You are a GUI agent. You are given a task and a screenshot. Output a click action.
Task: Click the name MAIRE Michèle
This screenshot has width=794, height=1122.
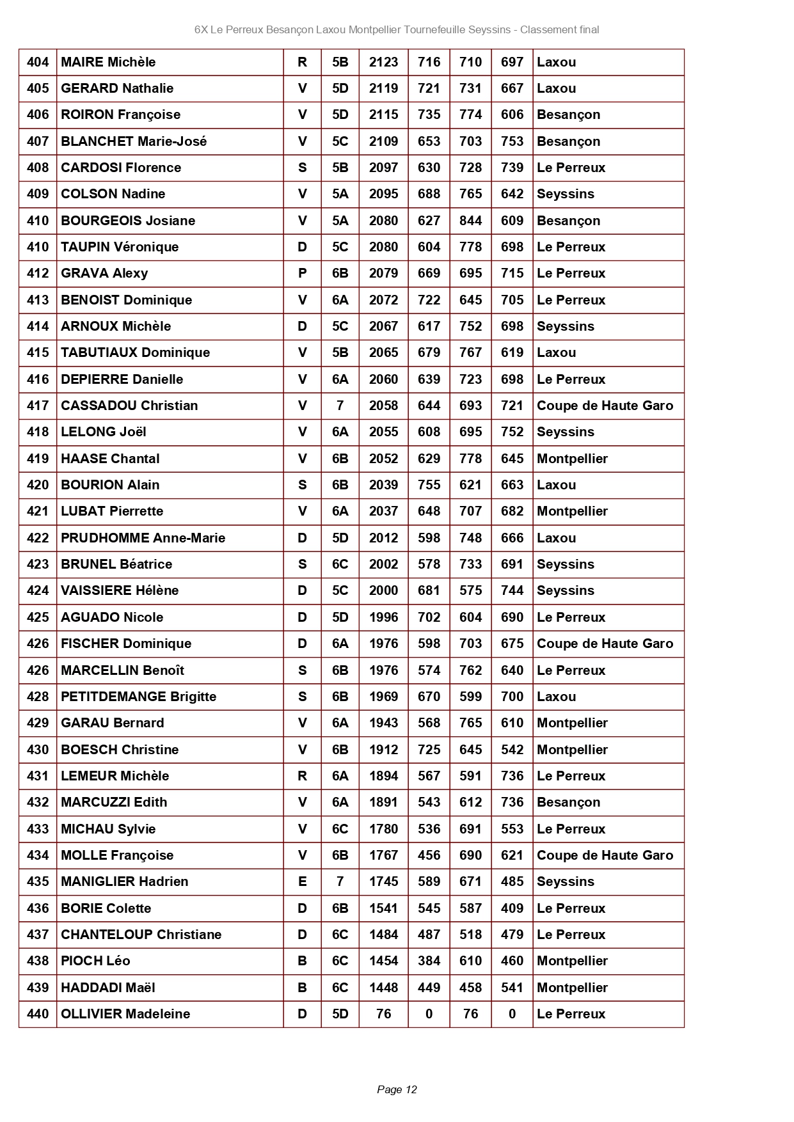(108, 62)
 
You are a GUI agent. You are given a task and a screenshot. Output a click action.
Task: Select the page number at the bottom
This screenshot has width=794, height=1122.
(397, 1089)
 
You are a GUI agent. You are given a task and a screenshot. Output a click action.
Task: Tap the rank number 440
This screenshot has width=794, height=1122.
(38, 1014)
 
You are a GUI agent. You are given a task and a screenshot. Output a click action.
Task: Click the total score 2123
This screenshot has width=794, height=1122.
(383, 62)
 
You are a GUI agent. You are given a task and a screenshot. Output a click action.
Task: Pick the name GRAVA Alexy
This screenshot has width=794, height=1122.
(104, 273)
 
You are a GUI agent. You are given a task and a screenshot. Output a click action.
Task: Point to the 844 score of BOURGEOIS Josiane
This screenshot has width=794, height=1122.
(470, 221)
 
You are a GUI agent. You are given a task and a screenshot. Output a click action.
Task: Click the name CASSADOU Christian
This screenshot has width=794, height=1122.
(129, 406)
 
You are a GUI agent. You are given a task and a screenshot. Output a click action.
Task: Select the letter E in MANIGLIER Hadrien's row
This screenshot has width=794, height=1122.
(302, 881)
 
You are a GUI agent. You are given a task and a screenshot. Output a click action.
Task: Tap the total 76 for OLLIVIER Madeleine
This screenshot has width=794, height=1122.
(383, 1014)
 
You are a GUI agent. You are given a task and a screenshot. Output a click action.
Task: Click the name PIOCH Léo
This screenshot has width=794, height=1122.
(95, 961)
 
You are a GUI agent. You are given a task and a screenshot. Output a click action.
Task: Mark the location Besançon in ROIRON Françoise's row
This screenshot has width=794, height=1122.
(568, 115)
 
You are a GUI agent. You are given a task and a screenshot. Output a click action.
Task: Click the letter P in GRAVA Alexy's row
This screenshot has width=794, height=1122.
(302, 273)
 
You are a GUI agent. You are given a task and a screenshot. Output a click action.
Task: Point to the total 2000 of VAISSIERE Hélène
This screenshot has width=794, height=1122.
(383, 590)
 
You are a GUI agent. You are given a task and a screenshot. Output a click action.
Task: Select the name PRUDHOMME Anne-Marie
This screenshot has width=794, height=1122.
(143, 538)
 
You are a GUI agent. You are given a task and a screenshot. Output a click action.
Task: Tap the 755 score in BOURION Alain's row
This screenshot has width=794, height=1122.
(429, 485)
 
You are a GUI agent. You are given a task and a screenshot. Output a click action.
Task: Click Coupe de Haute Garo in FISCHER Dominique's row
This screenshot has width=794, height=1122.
(605, 644)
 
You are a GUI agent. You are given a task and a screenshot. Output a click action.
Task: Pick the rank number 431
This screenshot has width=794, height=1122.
(38, 776)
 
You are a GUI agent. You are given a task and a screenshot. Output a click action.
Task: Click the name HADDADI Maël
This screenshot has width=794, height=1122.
(108, 988)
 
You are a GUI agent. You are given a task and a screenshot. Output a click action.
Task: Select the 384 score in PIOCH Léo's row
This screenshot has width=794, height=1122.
(429, 961)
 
